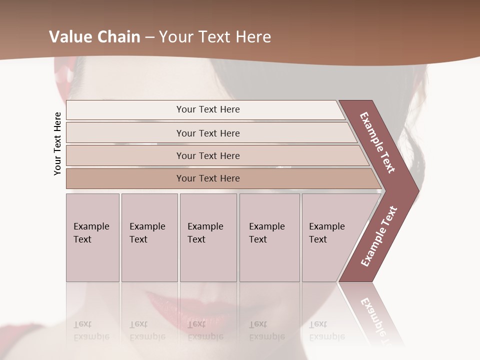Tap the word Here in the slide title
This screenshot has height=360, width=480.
pos(253,37)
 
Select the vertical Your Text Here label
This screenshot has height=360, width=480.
pos(57,143)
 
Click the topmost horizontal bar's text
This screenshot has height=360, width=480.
pos(208,109)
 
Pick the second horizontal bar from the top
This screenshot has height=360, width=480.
pos(208,133)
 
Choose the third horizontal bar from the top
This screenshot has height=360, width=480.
pos(208,155)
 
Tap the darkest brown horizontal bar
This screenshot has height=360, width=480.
pos(208,178)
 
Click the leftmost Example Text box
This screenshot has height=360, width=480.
pos(92,237)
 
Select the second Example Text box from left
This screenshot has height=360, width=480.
pos(149,237)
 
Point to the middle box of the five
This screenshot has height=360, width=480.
pos(208,237)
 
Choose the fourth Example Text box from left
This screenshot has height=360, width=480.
pos(269,237)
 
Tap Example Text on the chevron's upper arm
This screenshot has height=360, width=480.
pos(377,142)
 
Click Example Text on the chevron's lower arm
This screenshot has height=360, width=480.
pos(379,236)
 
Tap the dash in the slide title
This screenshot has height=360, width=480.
pos(149,37)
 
